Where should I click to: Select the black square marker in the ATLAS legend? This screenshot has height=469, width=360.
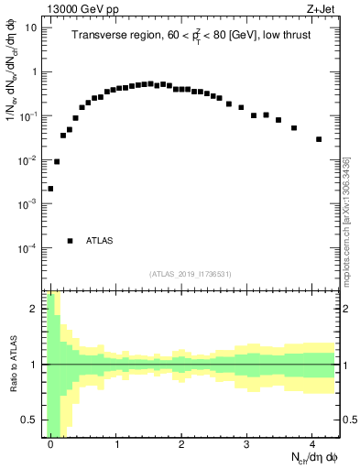pyautogui.click(x=70, y=241)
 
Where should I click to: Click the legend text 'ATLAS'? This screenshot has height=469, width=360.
pyautogui.click(x=99, y=241)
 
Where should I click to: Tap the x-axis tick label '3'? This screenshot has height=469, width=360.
pyautogui.click(x=247, y=444)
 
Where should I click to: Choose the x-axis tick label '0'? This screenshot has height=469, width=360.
pyautogui.click(x=51, y=444)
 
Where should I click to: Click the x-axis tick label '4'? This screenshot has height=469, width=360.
pyautogui.click(x=312, y=444)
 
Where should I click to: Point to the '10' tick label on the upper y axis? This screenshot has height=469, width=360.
pyautogui.click(x=31, y=27)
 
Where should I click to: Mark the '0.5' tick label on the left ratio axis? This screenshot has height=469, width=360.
pyautogui.click(x=27, y=420)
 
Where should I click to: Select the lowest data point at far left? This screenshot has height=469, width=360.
pyautogui.click(x=50, y=189)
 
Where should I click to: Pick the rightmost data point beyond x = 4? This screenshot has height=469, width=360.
pyautogui.click(x=319, y=139)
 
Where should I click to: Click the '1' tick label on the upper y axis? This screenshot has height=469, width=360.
pyautogui.click(x=35, y=71)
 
